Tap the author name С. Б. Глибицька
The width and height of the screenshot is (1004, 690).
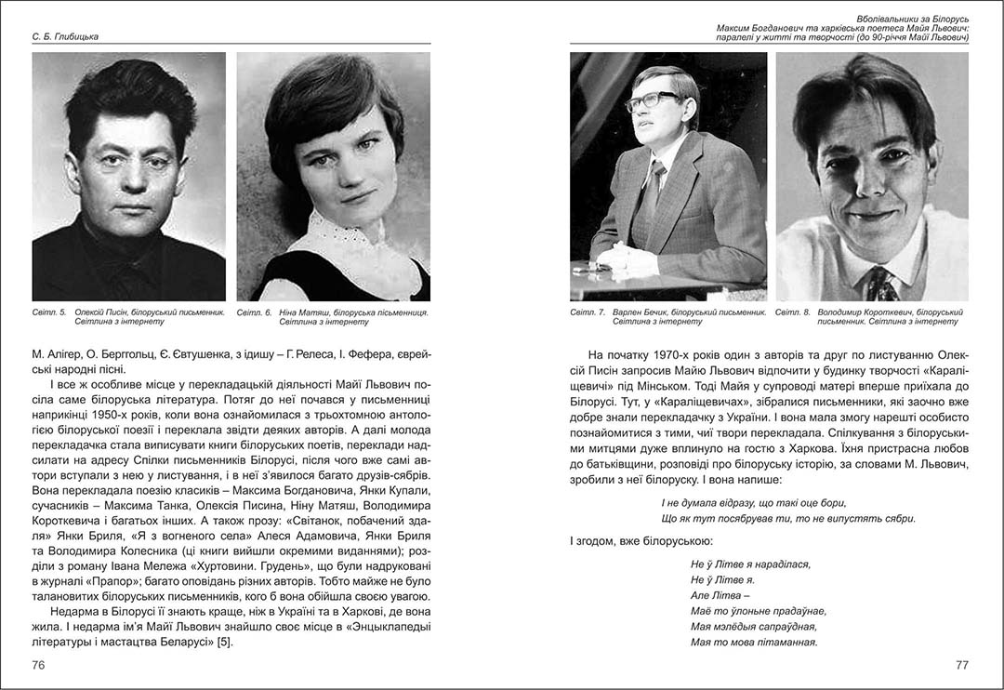pos(61,36)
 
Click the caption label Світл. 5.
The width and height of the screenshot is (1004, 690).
pos(48,312)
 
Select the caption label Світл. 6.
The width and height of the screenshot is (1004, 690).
pos(254,312)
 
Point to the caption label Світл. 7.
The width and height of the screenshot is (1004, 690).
pos(588,312)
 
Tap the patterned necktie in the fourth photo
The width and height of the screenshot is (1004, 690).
pos(878,283)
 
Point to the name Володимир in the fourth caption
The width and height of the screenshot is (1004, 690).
pos(844,312)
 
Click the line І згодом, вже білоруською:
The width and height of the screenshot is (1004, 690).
pos(641,540)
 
